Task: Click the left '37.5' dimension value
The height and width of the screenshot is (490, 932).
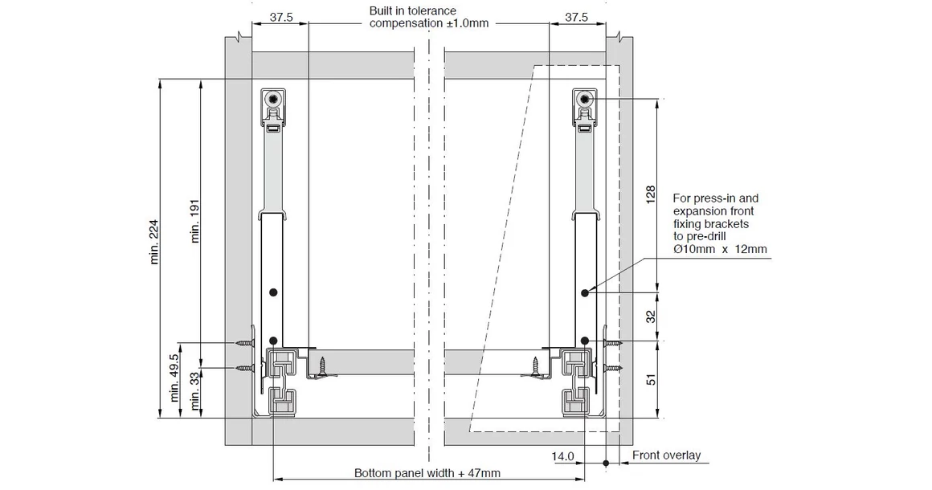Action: coord(281,16)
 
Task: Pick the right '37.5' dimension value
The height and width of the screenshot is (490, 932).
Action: coord(576,16)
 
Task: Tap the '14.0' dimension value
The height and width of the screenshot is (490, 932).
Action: coord(563,456)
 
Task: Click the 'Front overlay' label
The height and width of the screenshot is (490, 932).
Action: coord(666,455)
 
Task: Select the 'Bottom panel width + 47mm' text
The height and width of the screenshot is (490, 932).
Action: coord(427,473)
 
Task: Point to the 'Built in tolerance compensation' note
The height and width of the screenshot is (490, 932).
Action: coord(428,17)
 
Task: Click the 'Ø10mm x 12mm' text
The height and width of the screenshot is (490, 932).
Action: coord(720,250)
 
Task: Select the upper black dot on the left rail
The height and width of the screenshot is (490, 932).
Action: coord(274,292)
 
